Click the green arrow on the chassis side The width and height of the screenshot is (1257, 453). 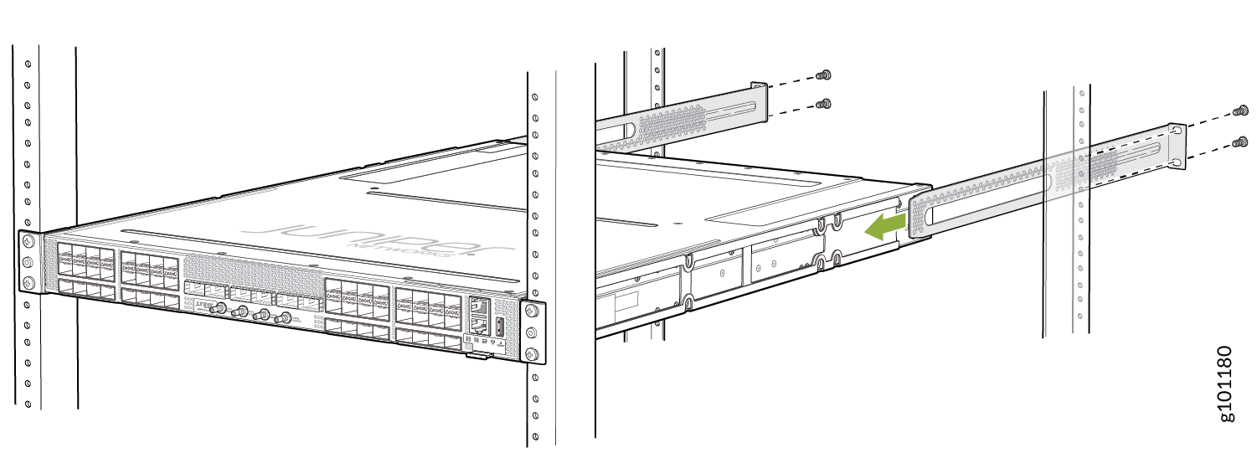pos(885,226)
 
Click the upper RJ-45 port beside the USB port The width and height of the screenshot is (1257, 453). pos(480,307)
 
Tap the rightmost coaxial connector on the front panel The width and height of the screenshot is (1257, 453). pos(286,319)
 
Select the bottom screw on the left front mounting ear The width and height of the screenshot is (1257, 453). pos(28,282)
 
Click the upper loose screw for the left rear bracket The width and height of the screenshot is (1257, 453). pos(823,75)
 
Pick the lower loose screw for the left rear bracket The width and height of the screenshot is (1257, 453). pos(823,105)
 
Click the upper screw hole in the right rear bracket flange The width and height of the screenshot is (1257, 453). pos(1178,132)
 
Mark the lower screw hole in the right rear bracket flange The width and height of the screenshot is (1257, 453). pos(1178,162)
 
